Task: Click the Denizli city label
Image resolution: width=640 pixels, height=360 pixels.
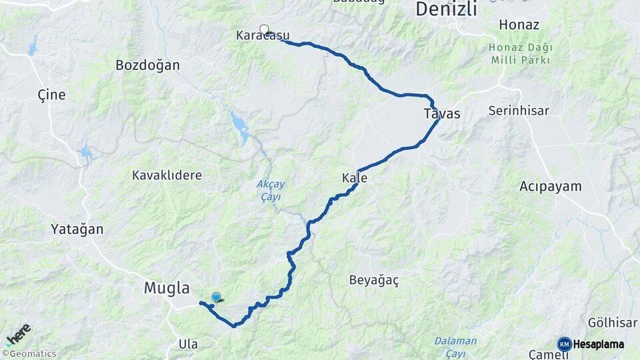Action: (x=446, y=9)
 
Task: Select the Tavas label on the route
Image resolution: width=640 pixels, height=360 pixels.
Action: (x=442, y=114)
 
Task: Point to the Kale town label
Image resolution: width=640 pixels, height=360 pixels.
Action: (x=354, y=178)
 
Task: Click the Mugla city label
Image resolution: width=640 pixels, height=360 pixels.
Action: (x=167, y=288)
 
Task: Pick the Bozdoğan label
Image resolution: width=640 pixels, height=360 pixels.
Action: (x=148, y=65)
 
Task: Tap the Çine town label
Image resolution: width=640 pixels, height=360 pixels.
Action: (x=51, y=95)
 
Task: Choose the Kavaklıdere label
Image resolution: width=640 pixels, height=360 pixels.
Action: (x=167, y=175)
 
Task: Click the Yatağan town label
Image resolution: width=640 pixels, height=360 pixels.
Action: (x=77, y=229)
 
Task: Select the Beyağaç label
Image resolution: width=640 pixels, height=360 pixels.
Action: (x=374, y=281)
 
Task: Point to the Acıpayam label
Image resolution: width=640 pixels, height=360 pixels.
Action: (x=551, y=187)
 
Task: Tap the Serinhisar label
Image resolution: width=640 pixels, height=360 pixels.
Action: (x=519, y=111)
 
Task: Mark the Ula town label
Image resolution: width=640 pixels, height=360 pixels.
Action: (x=188, y=344)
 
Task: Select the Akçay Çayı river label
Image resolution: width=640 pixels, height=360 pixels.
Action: (x=269, y=190)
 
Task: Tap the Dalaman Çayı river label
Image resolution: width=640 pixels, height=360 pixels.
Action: (x=455, y=345)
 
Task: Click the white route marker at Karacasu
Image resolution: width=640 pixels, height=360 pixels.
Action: (x=265, y=29)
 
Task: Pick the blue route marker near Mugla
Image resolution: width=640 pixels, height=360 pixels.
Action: (x=216, y=297)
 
